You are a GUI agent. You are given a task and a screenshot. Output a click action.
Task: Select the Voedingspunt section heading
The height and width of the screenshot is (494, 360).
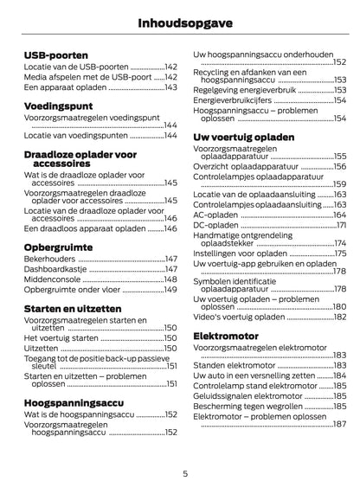coord(59,106)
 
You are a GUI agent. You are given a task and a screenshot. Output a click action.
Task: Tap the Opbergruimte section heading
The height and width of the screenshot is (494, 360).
coord(59,246)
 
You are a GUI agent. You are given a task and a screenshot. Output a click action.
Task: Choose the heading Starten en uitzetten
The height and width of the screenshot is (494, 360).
coord(73,308)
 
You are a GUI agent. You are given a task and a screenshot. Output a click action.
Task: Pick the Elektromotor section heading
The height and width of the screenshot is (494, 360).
coord(226,335)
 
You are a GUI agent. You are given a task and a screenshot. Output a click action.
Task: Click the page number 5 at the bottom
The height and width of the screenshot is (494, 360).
coord(184,474)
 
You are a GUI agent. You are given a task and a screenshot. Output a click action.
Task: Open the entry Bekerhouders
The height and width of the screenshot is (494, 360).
coord(50,259)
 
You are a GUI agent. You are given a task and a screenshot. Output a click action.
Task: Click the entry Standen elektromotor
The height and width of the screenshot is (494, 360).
coord(234,365)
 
